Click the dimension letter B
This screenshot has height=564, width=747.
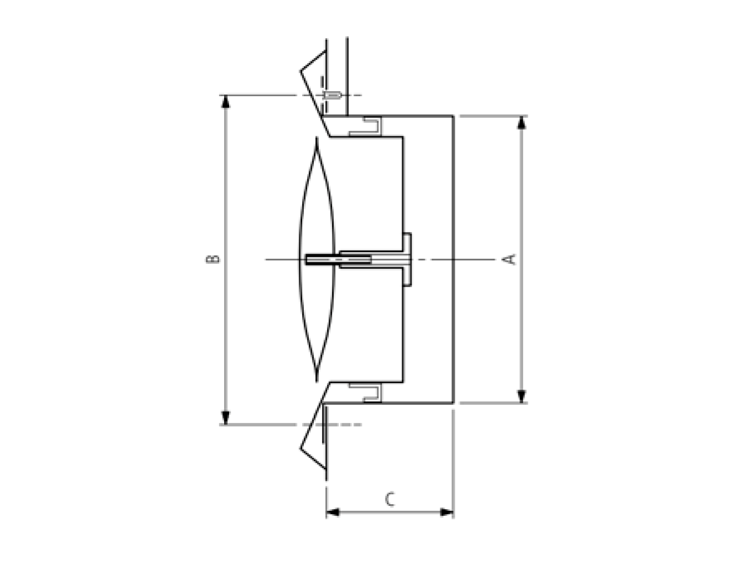coord(213,259)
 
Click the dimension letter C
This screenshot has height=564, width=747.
coord(389,499)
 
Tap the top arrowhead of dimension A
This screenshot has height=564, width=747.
coord(521,122)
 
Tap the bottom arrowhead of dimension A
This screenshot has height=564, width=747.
coord(521,396)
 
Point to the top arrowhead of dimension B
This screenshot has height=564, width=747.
coord(226,102)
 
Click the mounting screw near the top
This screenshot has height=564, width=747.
coord(332,95)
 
